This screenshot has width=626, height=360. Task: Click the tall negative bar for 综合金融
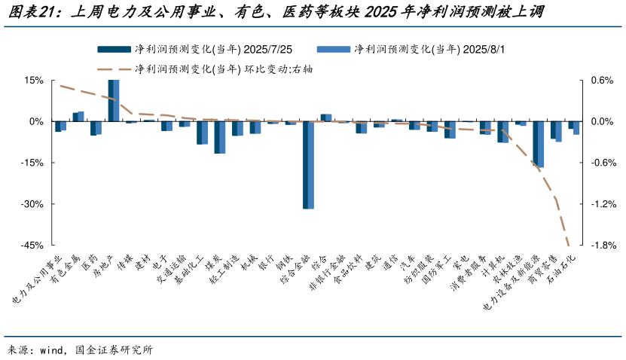pos(308,165)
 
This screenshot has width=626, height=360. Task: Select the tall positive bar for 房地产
pos(113,100)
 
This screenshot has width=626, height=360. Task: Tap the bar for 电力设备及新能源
pos(538,144)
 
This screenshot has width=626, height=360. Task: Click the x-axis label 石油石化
pos(562,268)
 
